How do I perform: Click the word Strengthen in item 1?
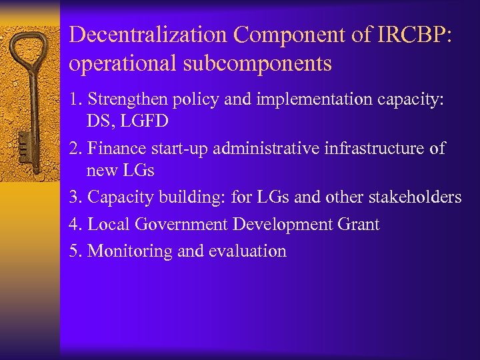127,100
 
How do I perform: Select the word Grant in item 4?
358,225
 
